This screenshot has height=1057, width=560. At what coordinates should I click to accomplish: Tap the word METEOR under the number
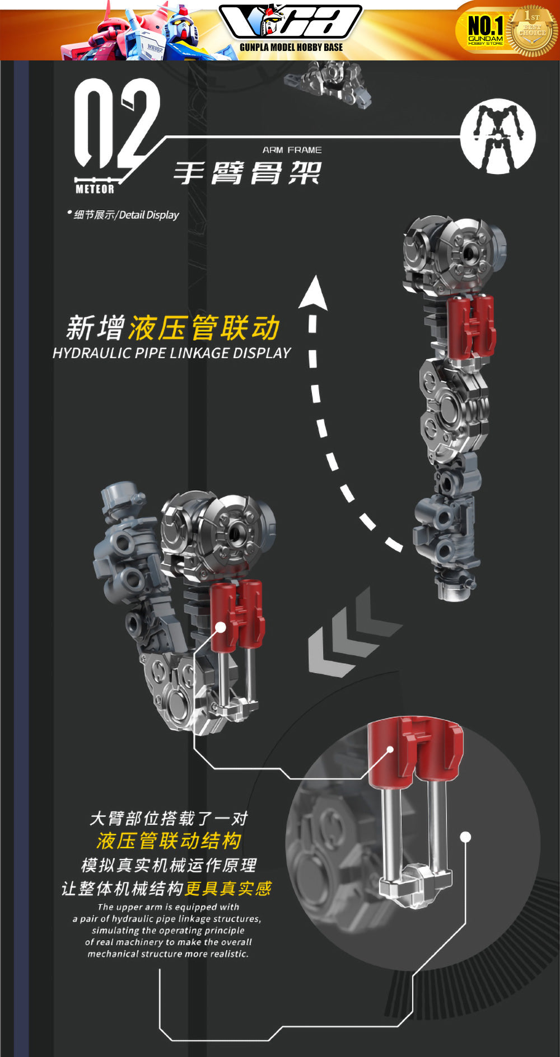point(95,189)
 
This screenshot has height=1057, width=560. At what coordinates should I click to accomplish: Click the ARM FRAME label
point(292,150)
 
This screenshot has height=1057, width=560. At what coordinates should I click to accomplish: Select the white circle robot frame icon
point(498,136)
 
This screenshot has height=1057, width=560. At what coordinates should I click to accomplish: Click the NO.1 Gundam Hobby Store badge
point(486,30)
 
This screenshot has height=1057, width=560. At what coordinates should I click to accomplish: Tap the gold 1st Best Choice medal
point(532,31)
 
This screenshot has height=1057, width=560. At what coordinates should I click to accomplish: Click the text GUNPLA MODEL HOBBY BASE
point(291,48)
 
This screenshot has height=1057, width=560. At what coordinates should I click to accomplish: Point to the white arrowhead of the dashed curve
point(314,292)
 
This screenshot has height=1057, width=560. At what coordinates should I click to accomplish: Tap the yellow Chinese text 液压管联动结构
point(169,841)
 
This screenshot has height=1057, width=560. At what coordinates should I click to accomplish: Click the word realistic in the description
point(228,954)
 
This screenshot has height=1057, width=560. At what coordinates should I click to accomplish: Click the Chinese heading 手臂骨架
point(247,172)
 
